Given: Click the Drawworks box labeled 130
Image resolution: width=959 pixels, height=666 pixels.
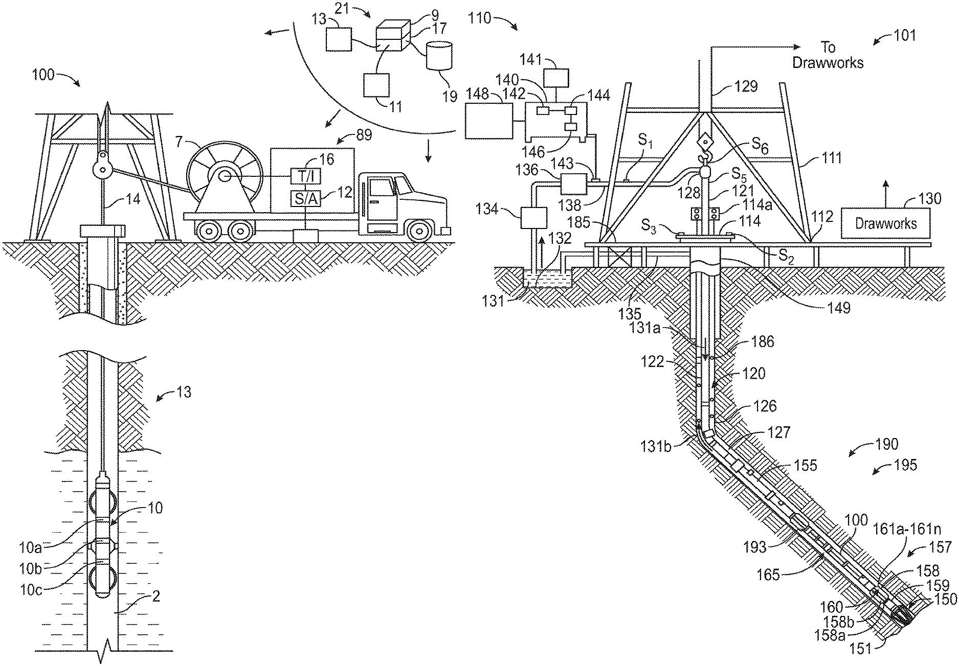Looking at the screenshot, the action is [x=885, y=223].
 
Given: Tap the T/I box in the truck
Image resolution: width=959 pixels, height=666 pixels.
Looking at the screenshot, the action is [x=305, y=176].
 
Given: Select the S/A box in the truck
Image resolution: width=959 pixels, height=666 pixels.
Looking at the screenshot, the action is [x=305, y=198].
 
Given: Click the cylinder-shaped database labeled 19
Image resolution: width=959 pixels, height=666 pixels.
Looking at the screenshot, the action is [x=439, y=56].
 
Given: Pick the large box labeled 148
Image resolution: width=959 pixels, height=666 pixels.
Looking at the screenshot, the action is [x=488, y=121].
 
